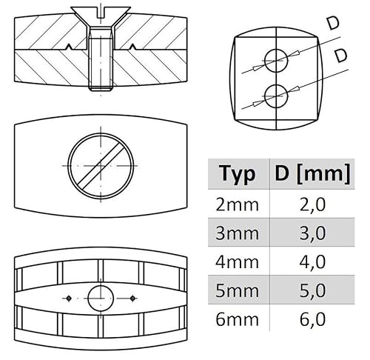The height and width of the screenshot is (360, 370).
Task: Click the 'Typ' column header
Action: (x=238, y=173)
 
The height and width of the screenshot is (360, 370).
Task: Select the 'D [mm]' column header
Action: (x=312, y=173)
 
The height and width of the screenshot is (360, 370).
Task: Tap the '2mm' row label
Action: (x=237, y=205)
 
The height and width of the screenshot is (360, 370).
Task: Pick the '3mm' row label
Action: (x=237, y=233)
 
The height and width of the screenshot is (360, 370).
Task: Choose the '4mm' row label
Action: (x=237, y=262)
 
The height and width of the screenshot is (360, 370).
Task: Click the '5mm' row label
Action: (x=237, y=290)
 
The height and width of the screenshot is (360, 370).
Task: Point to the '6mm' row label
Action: (x=237, y=319)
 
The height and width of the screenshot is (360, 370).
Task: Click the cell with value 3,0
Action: (x=312, y=234)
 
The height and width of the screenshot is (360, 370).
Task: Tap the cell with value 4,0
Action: (x=312, y=263)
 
